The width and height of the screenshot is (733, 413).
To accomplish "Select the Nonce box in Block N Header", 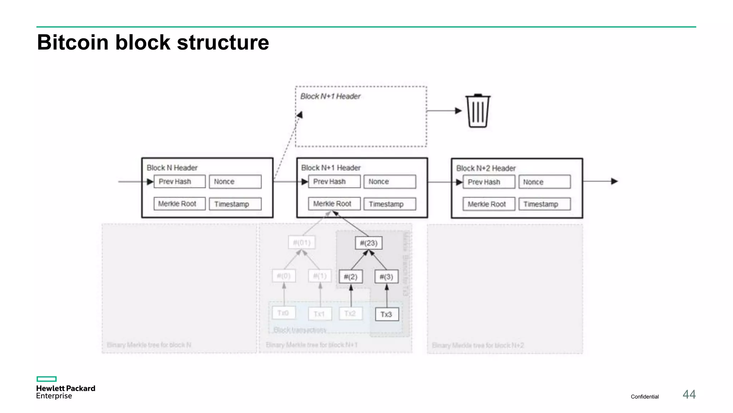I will (x=235, y=182).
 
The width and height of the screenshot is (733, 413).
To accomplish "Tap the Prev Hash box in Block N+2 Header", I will (x=489, y=182).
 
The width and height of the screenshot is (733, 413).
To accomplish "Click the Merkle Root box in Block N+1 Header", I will (x=334, y=204).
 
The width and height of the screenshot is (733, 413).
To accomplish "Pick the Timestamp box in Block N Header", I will (x=235, y=204).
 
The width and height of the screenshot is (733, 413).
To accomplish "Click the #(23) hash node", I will (x=369, y=243).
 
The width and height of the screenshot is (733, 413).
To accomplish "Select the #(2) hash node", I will (x=351, y=277).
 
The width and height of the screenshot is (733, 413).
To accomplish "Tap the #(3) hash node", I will (x=386, y=277).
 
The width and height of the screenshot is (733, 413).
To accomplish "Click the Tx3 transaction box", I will (x=387, y=314).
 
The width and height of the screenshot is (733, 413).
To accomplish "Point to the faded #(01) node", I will (x=302, y=243).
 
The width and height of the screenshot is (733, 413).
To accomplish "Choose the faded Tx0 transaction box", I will (x=283, y=313).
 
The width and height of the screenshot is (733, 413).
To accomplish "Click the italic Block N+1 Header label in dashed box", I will (x=330, y=96).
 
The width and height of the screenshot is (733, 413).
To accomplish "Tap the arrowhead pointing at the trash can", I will (x=458, y=111).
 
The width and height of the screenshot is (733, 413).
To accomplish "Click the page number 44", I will (x=689, y=394).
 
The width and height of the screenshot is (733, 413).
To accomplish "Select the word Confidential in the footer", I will (x=645, y=397).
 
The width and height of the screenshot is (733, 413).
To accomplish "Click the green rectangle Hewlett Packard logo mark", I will (x=47, y=379).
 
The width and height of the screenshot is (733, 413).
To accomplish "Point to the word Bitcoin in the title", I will (x=73, y=42).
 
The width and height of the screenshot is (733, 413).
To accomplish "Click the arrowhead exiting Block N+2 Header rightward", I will (x=615, y=181).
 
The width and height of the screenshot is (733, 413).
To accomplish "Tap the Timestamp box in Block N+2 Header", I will (x=544, y=204).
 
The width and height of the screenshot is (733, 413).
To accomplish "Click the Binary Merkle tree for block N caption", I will (x=149, y=345).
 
